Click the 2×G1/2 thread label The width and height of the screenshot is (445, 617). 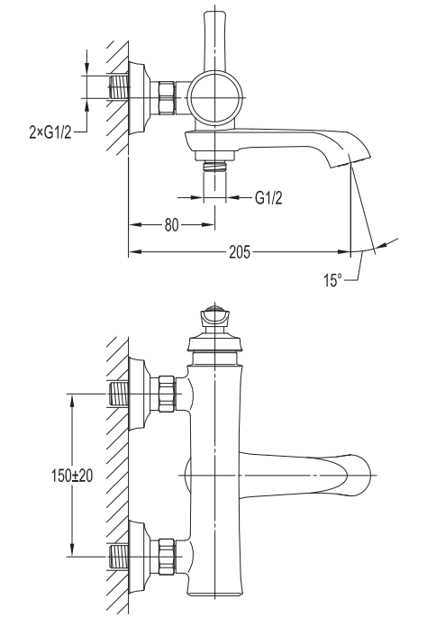[x=50, y=132]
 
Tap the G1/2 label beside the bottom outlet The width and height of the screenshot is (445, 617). [x=268, y=197]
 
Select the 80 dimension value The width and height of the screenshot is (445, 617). [x=171, y=225]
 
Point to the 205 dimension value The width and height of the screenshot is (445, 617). [x=240, y=251]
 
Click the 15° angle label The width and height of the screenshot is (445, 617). [x=333, y=280]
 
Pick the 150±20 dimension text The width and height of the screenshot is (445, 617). [x=72, y=476]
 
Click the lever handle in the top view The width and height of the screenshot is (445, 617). [x=214, y=41]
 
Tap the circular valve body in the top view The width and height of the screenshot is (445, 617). [x=214, y=97]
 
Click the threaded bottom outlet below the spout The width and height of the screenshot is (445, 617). [x=214, y=166]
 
